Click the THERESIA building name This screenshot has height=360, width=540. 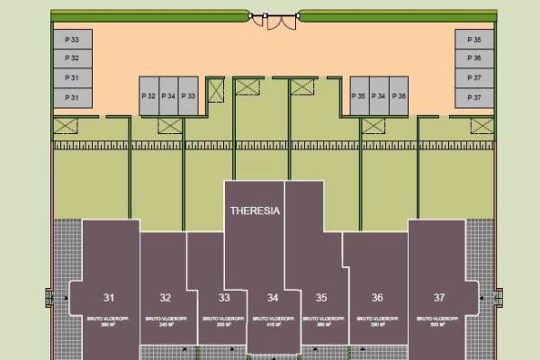[x=255, y=212]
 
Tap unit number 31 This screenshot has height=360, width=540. [x=109, y=297]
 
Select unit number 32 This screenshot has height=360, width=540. [x=166, y=297]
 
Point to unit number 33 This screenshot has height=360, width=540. [x=225, y=297]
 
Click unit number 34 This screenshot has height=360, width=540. [x=273, y=297]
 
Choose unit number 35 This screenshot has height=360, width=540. [x=321, y=297]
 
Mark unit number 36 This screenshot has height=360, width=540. [x=378, y=297]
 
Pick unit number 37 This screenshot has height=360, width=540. [x=439, y=297]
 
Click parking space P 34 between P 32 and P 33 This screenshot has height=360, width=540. [x=168, y=95]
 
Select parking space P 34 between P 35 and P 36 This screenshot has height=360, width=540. [x=379, y=95]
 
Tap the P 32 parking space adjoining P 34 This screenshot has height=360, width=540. [x=149, y=95]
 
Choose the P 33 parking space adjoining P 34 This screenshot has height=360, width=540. [x=188, y=95]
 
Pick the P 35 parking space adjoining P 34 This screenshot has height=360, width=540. [x=359, y=95]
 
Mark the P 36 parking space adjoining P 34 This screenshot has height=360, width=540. [x=399, y=95]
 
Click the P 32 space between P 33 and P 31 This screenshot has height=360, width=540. [x=72, y=58]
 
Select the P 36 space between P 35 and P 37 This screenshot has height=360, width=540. [x=475, y=58]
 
